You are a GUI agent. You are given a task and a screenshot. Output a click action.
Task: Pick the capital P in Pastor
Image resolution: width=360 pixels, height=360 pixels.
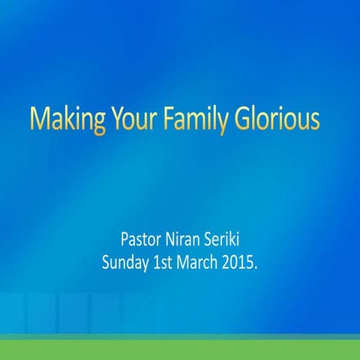point(124,241)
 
